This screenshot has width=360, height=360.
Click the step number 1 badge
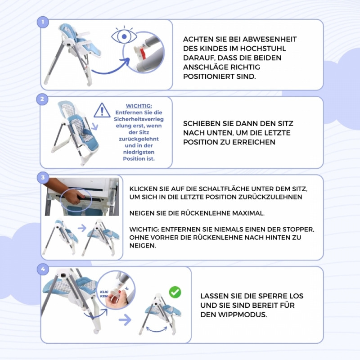(x=43, y=22)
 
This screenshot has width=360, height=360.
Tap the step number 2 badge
(x=42, y=99)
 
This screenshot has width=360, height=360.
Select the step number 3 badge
(x=43, y=177)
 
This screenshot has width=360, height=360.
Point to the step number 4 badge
(x=43, y=269)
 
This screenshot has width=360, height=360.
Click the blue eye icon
(x=124, y=36)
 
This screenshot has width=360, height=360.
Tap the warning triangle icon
(x=102, y=110)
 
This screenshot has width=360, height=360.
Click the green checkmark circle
(x=175, y=292)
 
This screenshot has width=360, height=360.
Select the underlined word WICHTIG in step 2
(x=139, y=106)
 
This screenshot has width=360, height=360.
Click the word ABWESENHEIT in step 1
(x=270, y=39)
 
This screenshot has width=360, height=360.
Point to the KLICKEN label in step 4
(x=104, y=294)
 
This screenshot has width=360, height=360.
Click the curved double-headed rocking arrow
(x=157, y=330)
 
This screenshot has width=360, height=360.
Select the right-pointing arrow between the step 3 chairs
(x=82, y=228)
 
